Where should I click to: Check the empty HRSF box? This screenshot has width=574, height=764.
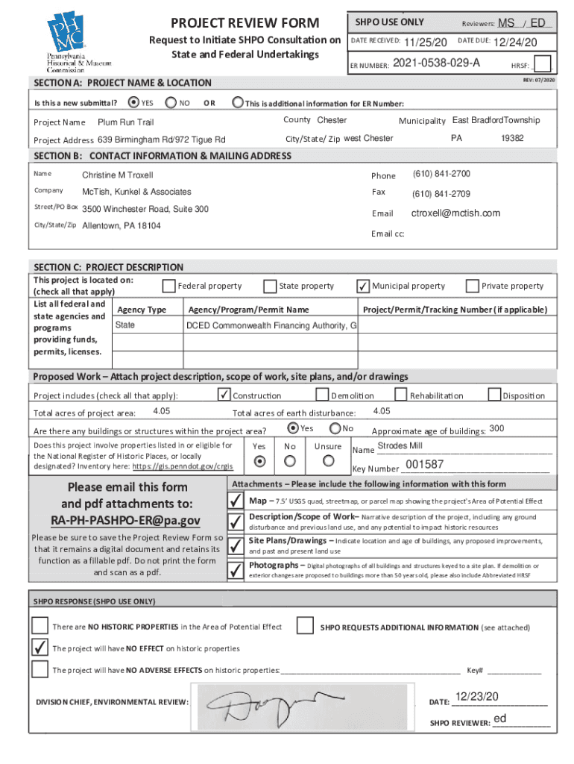[x=543, y=64]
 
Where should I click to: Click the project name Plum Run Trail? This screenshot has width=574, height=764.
[x=125, y=122]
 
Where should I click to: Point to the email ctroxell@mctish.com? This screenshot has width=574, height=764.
[x=455, y=213]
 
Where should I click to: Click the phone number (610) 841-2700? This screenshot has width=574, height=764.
[x=441, y=174]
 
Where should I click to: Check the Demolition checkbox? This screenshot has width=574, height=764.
[x=322, y=395]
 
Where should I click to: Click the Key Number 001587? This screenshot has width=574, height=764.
[x=424, y=466]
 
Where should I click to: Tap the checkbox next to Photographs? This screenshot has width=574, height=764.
[x=236, y=570]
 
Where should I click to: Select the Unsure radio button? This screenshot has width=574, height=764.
[x=328, y=461]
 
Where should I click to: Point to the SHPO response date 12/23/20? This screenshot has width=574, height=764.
[x=476, y=697]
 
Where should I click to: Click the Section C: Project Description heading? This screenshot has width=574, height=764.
[x=109, y=266]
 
